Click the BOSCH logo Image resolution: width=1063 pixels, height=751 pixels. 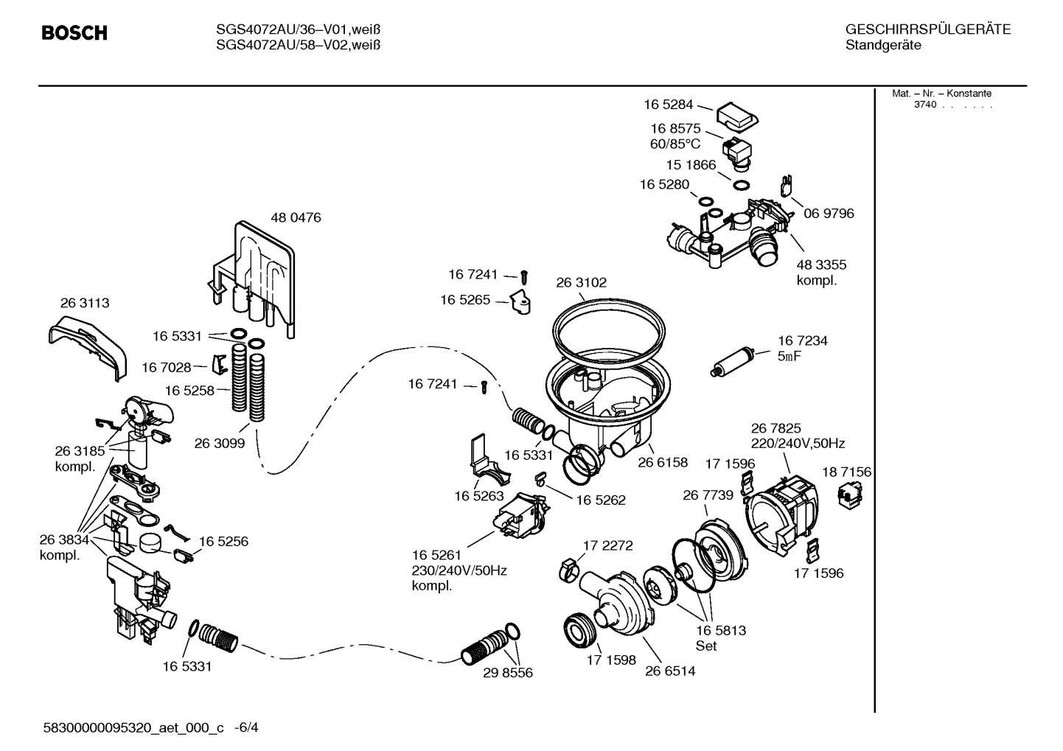click(x=74, y=33)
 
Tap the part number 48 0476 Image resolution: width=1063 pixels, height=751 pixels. click(x=296, y=218)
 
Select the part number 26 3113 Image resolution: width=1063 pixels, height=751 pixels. click(x=84, y=303)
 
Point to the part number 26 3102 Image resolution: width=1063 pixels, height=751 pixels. click(x=581, y=282)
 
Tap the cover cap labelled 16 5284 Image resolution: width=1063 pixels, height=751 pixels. click(x=737, y=115)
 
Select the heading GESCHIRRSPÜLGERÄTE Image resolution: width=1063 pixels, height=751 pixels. click(x=927, y=29)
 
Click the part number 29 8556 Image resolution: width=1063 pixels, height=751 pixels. click(x=507, y=673)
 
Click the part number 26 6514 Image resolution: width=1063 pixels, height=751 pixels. click(x=670, y=671)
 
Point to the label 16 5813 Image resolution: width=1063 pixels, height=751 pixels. click(x=720, y=630)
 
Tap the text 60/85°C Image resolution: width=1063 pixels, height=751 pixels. click(x=675, y=144)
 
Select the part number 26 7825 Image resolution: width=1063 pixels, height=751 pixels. click(x=776, y=428)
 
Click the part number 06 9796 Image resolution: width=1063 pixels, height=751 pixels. click(x=829, y=214)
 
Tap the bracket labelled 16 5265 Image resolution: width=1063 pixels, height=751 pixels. click(x=522, y=302)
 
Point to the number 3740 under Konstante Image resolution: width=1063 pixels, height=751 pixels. click(x=924, y=105)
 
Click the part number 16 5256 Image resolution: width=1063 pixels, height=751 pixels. click(x=223, y=542)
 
